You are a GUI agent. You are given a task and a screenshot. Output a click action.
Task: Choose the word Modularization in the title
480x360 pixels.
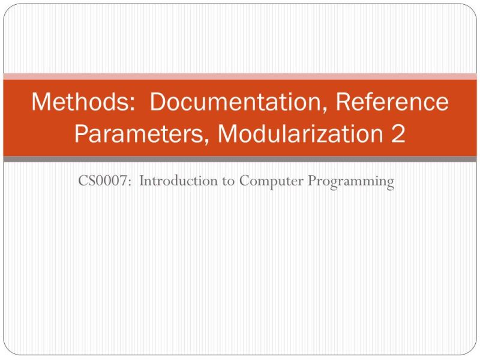coord(296,133)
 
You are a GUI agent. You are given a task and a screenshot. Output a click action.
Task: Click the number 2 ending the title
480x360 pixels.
coord(398,133)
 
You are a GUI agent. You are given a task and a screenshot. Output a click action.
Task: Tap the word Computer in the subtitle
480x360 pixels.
coord(272,181)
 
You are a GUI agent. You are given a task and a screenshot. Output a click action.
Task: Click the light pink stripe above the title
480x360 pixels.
coord(240,76)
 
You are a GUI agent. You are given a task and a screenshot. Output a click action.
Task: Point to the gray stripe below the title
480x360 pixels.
coord(240,159)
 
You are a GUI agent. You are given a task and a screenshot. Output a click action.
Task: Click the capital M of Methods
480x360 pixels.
coord(41,102)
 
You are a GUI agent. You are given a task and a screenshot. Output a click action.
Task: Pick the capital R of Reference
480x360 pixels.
coord(344,102)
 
